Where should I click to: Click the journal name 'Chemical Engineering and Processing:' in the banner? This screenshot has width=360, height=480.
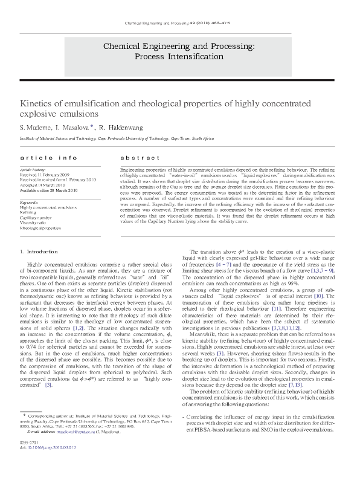(x=179, y=46)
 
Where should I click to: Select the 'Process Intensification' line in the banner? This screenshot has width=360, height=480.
(x=179, y=56)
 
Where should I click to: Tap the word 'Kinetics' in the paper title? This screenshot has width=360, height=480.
(x=38, y=103)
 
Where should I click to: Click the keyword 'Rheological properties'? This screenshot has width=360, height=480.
(x=40, y=228)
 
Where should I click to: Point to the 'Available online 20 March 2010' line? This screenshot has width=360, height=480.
(x=49, y=190)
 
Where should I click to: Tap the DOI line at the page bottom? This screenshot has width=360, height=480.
(x=48, y=465)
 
